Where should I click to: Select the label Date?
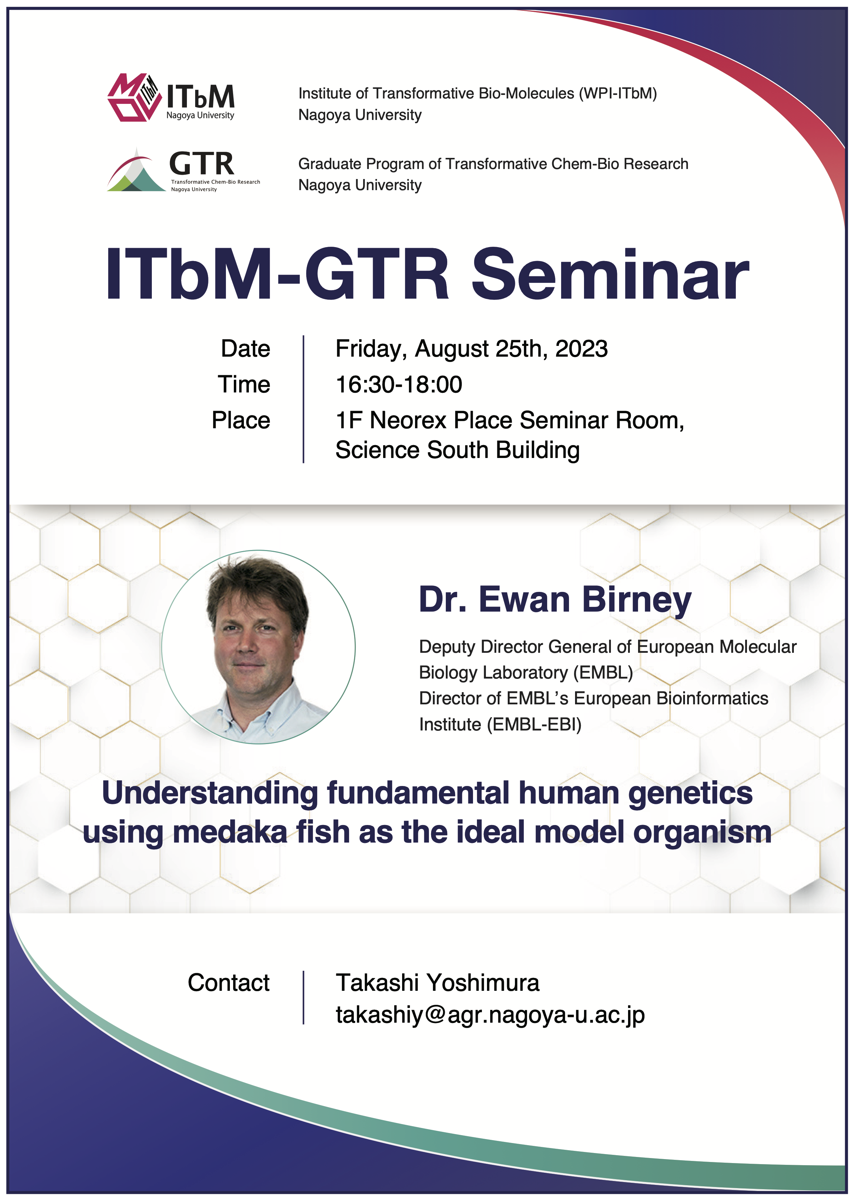[x=246, y=349]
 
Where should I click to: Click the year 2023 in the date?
[x=581, y=349]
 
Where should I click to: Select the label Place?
[x=241, y=420]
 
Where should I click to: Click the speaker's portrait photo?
[x=258, y=647]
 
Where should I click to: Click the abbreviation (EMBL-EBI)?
[x=534, y=725]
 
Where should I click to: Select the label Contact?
[x=229, y=983]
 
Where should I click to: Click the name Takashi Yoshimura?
[x=438, y=983]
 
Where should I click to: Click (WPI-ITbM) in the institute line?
[x=618, y=93]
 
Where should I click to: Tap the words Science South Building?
[x=458, y=450]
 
